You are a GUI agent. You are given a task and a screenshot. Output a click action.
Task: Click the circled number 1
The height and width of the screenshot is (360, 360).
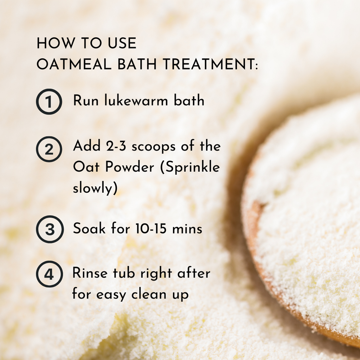pyautogui.click(x=49, y=102)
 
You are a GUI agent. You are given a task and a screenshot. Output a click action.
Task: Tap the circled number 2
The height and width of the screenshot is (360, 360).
pyautogui.click(x=49, y=149)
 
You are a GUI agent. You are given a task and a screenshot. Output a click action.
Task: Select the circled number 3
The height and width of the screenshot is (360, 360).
pyautogui.click(x=50, y=229)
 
